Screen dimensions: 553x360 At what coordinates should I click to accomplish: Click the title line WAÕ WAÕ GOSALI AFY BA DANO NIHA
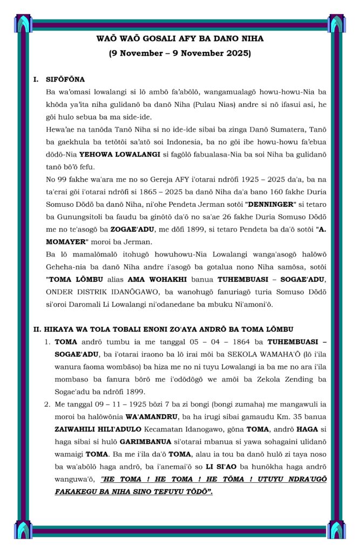(180, 39)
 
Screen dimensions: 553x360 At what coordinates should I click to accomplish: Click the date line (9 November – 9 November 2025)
(180, 53)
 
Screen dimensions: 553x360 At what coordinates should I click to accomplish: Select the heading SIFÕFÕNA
(65, 79)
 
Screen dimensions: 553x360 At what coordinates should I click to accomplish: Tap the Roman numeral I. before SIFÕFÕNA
(36, 79)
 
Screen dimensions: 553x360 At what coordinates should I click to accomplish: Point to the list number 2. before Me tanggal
(47, 403)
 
